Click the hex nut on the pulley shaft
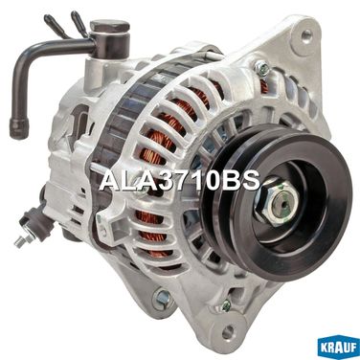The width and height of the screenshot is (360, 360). click(x=276, y=202)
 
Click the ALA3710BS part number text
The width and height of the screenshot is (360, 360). click(x=179, y=181)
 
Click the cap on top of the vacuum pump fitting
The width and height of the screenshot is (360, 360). click(x=109, y=26)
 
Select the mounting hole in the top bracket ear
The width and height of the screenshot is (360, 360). click(x=306, y=34)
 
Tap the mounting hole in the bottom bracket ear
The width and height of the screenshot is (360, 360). click(x=228, y=332)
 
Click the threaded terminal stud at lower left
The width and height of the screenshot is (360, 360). click(x=20, y=241)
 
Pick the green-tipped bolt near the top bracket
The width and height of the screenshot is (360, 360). click(x=261, y=68)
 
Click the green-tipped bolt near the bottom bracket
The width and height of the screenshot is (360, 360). click(x=225, y=305)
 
